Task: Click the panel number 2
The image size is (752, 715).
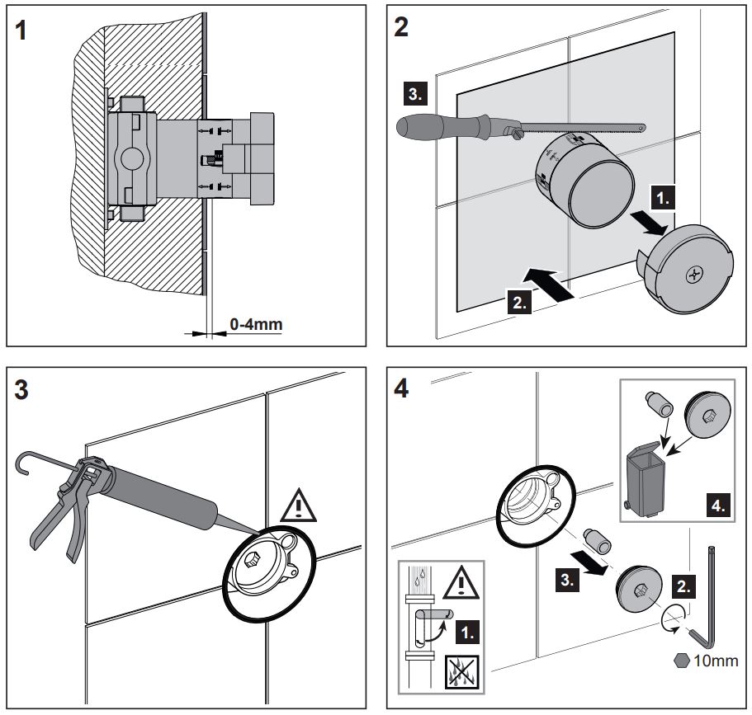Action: (403, 26)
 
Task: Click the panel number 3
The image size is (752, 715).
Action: (24, 390)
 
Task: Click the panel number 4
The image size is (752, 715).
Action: (403, 390)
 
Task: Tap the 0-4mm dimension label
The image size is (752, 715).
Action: (255, 324)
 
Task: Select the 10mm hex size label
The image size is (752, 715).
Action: (708, 661)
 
